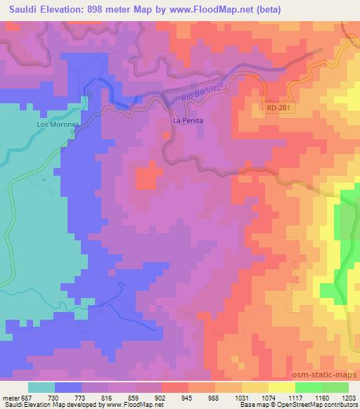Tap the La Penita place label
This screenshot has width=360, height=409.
(188, 121)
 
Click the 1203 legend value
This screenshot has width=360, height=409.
(349, 396)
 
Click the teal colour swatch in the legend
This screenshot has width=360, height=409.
(41, 387)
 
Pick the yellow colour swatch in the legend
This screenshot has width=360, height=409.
(282, 387)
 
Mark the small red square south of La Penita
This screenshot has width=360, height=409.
(146, 176)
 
